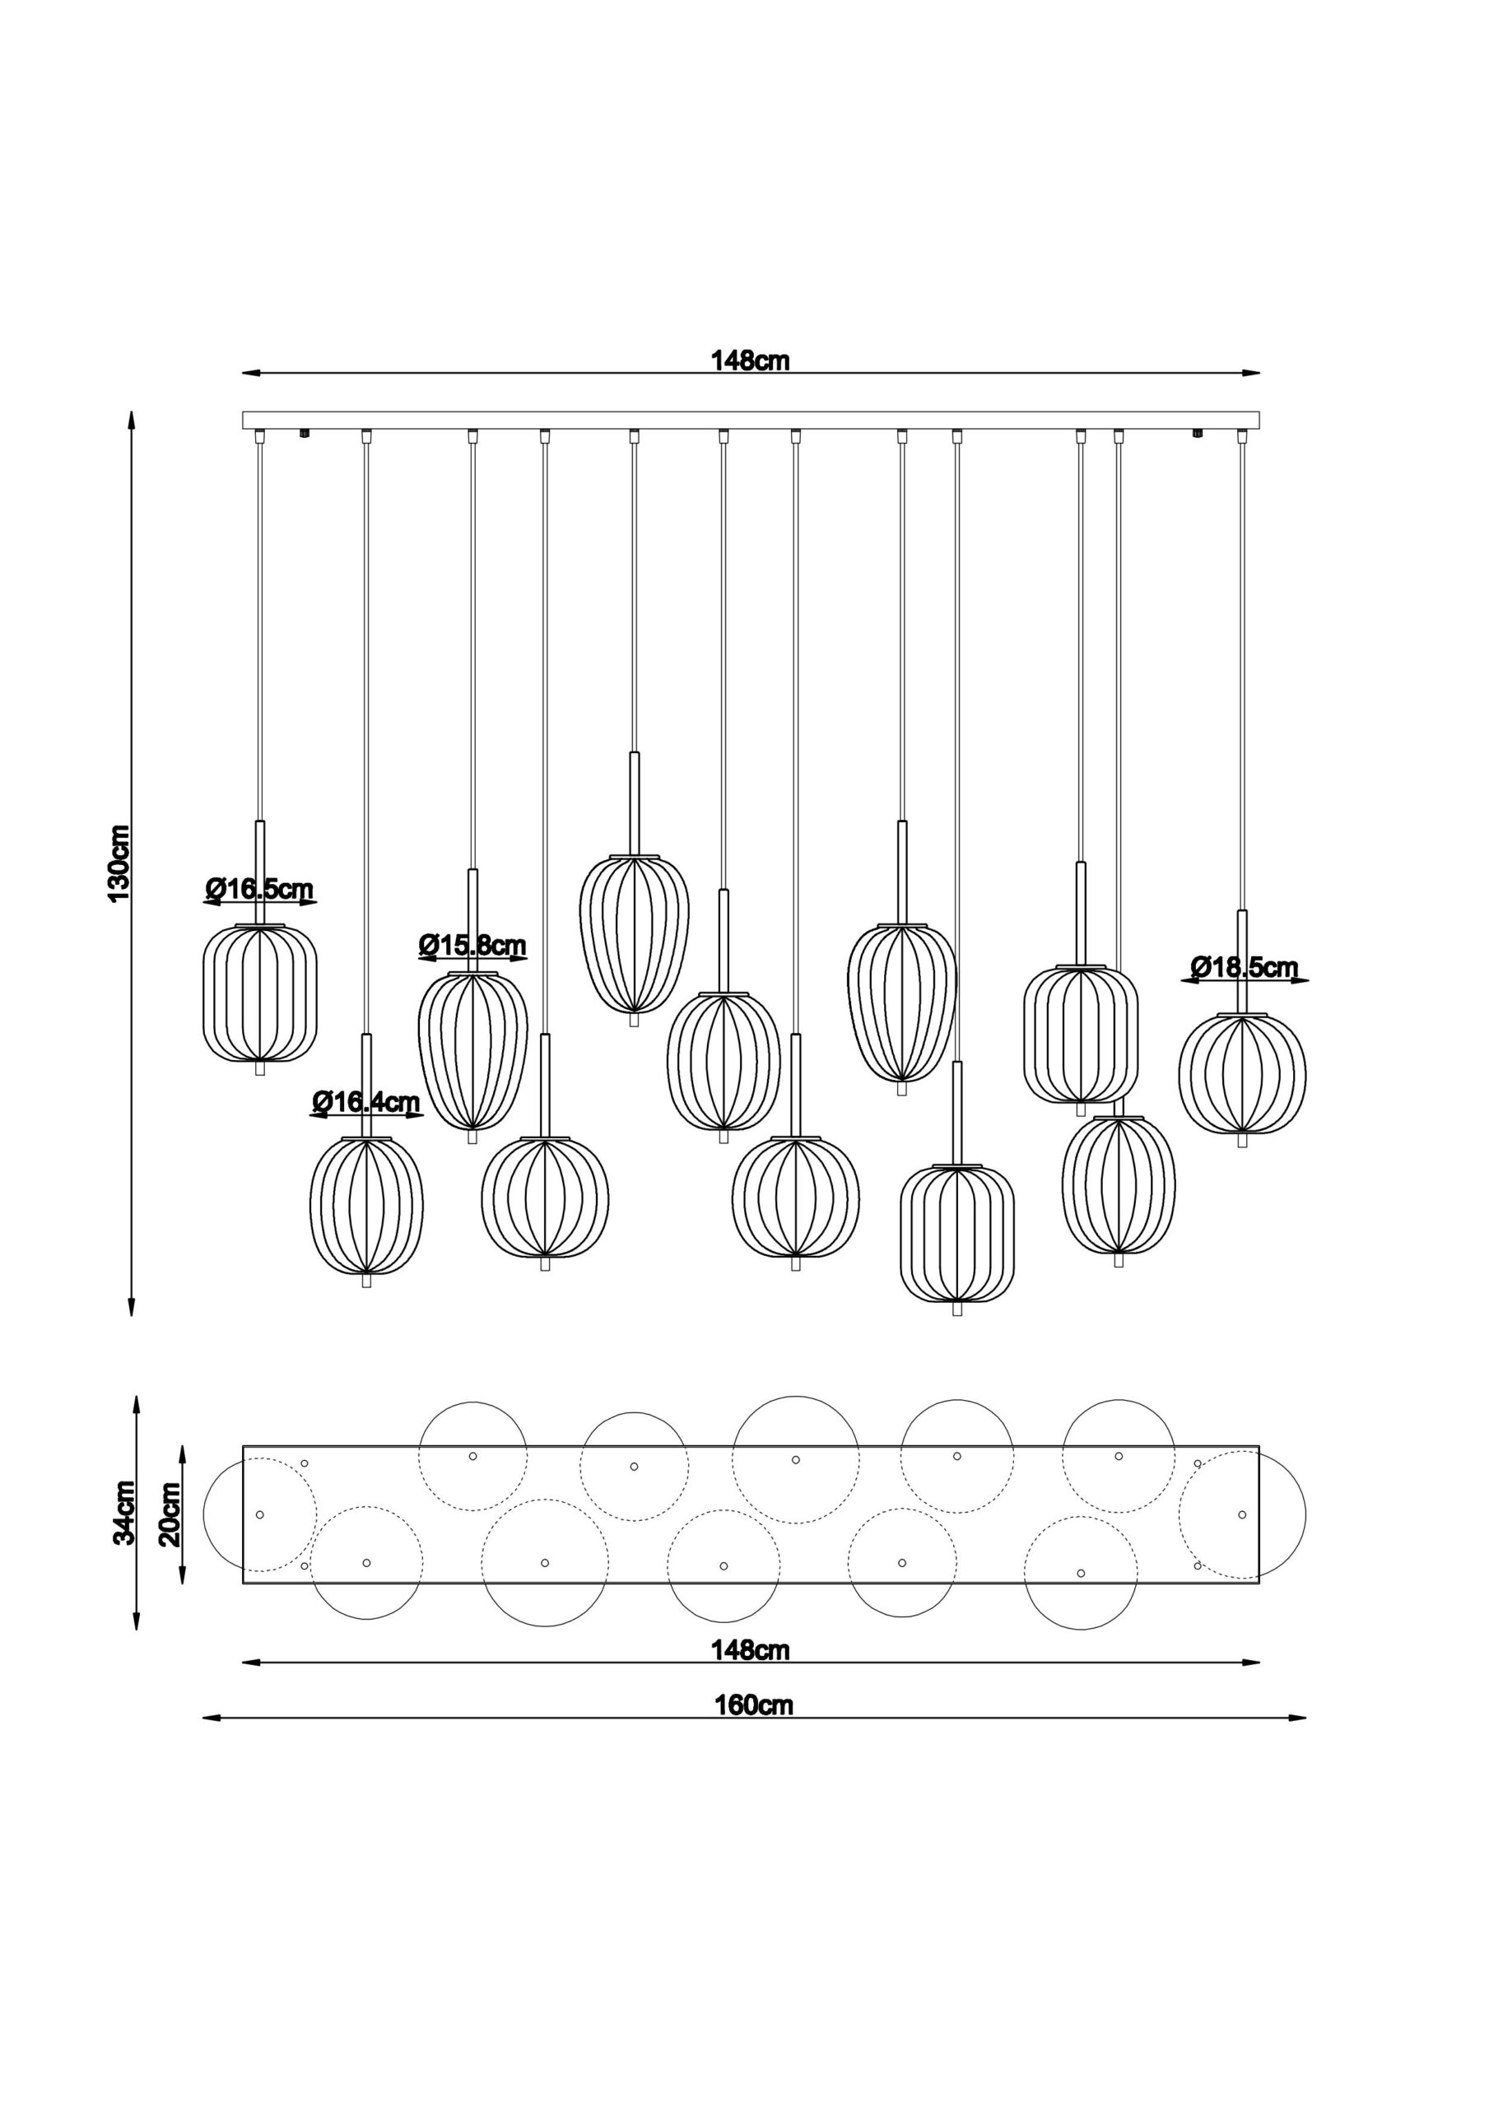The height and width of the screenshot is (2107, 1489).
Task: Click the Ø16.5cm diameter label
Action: click(x=260, y=888)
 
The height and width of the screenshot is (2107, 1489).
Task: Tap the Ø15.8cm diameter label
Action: click(x=472, y=944)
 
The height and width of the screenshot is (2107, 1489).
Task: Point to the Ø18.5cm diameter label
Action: click(x=1245, y=966)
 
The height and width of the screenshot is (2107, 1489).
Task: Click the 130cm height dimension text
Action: click(x=120, y=862)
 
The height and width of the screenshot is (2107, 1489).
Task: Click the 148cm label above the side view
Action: click(x=751, y=360)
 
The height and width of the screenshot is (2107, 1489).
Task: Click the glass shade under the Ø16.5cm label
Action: click(x=260, y=994)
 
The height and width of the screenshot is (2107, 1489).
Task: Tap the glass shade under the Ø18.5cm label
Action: click(x=1242, y=1074)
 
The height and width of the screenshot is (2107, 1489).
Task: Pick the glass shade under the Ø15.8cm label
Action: click(x=472, y=1051)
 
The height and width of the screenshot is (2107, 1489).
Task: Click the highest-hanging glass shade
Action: click(x=634, y=934)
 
